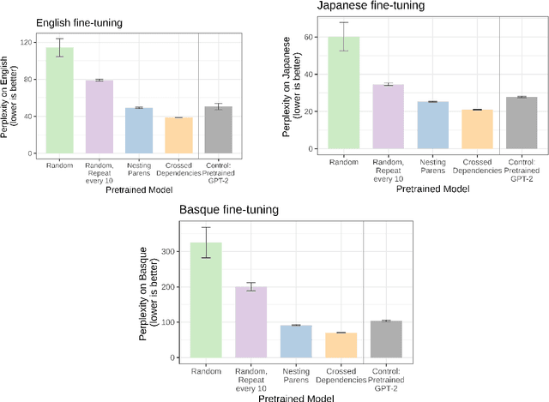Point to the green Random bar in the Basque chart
[205, 300]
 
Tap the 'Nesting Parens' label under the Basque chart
[295, 375]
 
